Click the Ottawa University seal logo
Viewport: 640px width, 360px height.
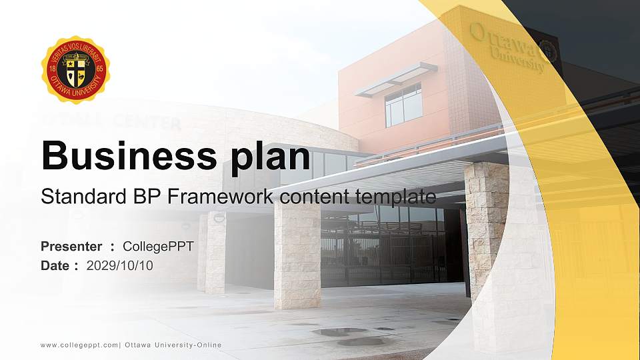[75, 70]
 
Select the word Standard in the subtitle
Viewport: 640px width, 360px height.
[74, 197]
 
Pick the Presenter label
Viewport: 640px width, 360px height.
[71, 247]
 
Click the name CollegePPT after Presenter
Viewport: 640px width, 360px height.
[158, 247]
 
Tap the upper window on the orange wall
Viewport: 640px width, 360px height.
[403, 105]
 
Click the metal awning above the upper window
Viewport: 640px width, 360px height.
[396, 79]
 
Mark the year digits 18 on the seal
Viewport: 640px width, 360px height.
[52, 69]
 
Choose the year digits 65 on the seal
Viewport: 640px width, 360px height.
[99, 69]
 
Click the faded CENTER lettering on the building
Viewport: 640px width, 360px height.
[147, 123]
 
